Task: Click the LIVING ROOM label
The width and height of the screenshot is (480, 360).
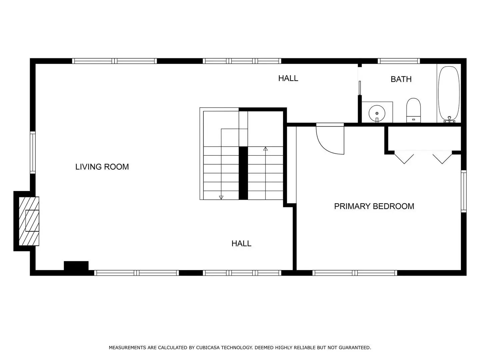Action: tap(102, 167)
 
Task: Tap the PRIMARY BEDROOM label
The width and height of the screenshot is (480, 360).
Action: tap(374, 206)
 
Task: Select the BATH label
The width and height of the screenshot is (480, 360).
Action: tap(401, 79)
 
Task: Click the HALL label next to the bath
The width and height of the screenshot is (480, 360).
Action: tap(288, 78)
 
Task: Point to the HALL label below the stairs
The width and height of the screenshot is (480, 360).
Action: tap(241, 243)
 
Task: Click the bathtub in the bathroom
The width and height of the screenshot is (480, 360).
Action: tap(449, 94)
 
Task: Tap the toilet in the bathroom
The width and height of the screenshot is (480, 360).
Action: tap(413, 110)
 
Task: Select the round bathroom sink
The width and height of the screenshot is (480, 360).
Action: tap(377, 113)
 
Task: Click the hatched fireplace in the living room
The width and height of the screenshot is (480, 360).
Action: tap(29, 221)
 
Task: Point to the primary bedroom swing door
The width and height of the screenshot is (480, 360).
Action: tap(330, 140)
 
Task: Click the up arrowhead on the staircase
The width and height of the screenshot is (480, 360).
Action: tap(265, 149)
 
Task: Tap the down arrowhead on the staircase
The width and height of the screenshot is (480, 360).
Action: tap(221, 197)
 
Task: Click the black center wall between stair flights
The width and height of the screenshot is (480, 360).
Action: tap(243, 173)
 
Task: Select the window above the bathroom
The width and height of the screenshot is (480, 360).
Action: tap(399, 61)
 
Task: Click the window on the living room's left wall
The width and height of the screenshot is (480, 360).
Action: tap(33, 152)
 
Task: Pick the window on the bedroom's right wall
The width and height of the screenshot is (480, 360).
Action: tap(464, 191)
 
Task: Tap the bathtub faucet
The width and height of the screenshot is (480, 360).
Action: tap(449, 120)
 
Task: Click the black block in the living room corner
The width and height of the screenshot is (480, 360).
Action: tap(76, 266)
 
